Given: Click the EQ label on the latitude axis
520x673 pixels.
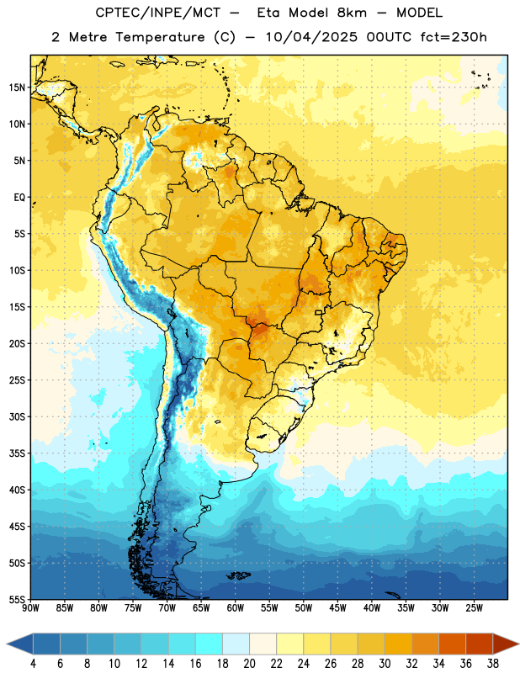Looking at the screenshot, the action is (19, 198).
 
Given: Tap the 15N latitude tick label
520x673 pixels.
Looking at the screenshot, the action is (17, 87).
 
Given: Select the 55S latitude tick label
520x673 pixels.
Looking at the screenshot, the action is (17, 599).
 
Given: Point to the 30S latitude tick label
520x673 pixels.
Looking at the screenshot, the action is (17, 416).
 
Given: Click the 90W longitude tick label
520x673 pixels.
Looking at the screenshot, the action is (31, 608).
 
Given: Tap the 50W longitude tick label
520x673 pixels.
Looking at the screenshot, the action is (304, 608).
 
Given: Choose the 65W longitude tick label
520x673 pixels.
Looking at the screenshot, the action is (201, 608).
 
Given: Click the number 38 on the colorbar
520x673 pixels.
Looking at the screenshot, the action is (493, 664).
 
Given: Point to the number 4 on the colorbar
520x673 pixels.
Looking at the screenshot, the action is (33, 664).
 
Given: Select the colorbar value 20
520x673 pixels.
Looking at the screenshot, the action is (249, 664).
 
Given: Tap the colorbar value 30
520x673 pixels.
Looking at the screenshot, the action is (385, 664).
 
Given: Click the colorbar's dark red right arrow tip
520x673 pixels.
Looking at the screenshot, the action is (518, 644).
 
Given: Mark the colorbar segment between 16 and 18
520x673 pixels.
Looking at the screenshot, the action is (209, 644).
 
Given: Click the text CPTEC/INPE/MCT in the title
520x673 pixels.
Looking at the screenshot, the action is (158, 13).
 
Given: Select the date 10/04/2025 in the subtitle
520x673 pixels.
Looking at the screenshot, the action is (311, 37).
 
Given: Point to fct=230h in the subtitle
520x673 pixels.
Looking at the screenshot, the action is (454, 37).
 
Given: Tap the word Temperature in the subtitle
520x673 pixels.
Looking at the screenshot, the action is (160, 37).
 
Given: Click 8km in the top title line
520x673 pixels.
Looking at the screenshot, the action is (352, 13).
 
